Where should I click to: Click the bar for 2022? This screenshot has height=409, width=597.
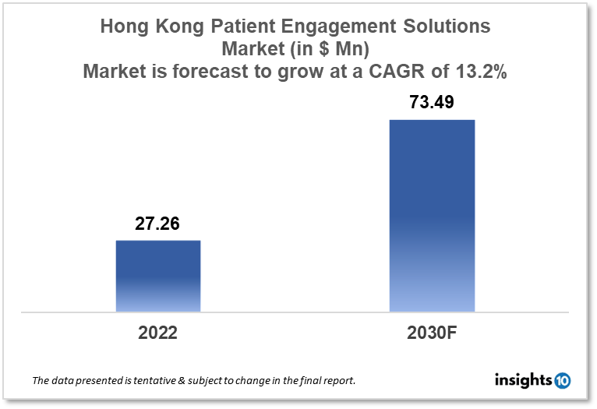[158, 276]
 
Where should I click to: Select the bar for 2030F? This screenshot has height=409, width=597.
[432, 216]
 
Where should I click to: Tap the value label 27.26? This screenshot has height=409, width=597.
[158, 224]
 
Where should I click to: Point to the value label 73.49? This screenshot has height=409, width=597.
[432, 103]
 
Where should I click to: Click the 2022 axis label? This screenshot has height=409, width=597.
[158, 333]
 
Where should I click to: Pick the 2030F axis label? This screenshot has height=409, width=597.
[432, 333]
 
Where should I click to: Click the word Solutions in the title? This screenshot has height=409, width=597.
[445, 26]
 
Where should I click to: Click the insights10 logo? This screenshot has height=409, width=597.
[532, 381]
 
